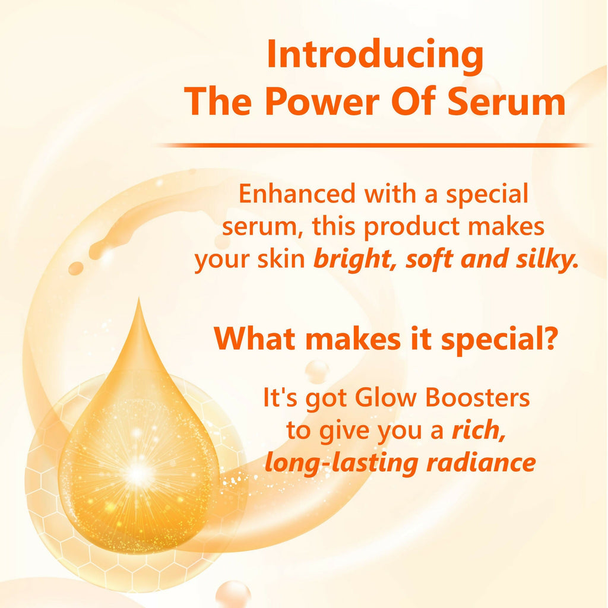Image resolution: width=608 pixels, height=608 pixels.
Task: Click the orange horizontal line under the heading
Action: pyautogui.click(x=374, y=145)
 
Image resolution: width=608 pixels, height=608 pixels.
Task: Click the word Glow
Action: pyautogui.click(x=388, y=398)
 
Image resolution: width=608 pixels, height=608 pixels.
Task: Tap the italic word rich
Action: pyautogui.click(x=478, y=430)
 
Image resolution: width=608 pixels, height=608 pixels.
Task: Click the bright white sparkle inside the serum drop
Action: pyautogui.click(x=138, y=473)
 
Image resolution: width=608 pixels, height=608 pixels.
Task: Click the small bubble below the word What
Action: pyautogui.click(x=316, y=372)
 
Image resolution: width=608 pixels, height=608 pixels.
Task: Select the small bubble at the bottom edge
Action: pyautogui.click(x=233, y=594)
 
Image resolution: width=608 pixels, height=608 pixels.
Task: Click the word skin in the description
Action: pyautogui.click(x=284, y=261)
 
